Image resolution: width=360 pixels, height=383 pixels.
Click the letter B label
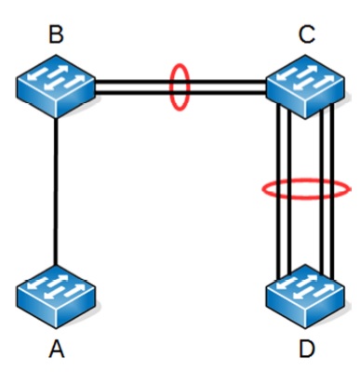pyautogui.click(x=57, y=34)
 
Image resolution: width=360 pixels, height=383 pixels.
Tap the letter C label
pyautogui.click(x=307, y=34)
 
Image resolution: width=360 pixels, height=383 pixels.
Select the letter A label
pyautogui.click(x=57, y=349)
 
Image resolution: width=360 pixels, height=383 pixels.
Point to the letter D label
pyautogui.click(x=307, y=349)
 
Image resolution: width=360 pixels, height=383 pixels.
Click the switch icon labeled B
pyautogui.click(x=56, y=86)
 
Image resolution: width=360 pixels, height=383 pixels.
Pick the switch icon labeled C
pyautogui.click(x=305, y=86)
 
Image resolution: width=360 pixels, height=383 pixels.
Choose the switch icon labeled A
pyautogui.click(x=56, y=297)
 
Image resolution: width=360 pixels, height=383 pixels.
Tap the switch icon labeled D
pyautogui.click(x=305, y=297)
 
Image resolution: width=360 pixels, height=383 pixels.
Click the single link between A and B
pyautogui.click(x=56, y=191)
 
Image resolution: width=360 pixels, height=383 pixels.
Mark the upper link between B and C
pyautogui.click(x=180, y=82)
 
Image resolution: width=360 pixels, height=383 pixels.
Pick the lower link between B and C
pyautogui.click(x=180, y=92)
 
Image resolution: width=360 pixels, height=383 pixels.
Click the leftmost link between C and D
pyautogui.click(x=278, y=191)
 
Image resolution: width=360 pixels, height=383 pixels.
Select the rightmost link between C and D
pyautogui.click(x=332, y=191)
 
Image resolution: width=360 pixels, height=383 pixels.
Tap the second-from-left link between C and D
pyautogui.click(x=289, y=191)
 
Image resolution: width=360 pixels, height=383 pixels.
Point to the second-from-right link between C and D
pyautogui.click(x=322, y=191)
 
